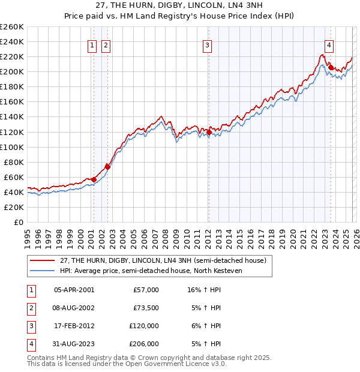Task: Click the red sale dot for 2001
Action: point(94,179)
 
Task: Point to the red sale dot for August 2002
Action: point(107,167)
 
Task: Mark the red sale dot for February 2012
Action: point(208,131)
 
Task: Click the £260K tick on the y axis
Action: point(12,27)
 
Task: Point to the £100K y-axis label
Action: point(12,147)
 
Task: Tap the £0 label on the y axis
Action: point(19,222)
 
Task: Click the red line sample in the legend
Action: point(42,260)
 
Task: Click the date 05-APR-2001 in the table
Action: point(74,290)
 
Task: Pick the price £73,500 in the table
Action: point(146,308)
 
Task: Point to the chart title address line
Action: point(180,6)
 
